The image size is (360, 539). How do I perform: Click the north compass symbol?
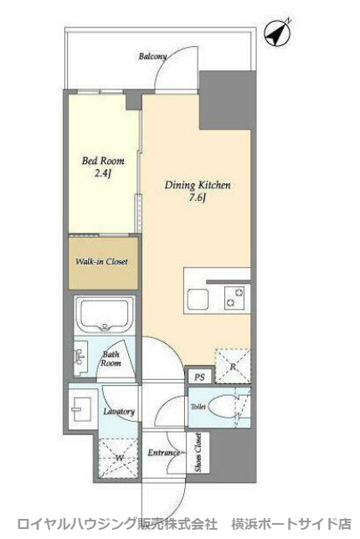277,33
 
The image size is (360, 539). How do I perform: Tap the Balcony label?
152,56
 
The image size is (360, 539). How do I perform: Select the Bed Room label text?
103,161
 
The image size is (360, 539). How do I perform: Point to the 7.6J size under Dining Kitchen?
198,198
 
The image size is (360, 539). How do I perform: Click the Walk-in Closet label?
101,261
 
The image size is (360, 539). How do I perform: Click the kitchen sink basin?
198,298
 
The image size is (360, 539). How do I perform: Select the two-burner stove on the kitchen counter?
234,297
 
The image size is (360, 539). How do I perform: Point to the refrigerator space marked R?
233,366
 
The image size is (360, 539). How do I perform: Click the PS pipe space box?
200,377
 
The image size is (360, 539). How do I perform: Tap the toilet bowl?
223,407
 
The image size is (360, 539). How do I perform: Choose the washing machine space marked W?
119,458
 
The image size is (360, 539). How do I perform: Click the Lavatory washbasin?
81,409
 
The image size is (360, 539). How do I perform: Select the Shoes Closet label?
198,452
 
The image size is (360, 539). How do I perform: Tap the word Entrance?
164,453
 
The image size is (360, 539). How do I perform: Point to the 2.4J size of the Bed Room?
102,173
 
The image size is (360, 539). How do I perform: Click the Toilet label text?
198,407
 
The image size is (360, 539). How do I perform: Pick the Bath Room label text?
111,358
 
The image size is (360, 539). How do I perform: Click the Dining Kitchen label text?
198,185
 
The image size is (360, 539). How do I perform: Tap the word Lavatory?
119,412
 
